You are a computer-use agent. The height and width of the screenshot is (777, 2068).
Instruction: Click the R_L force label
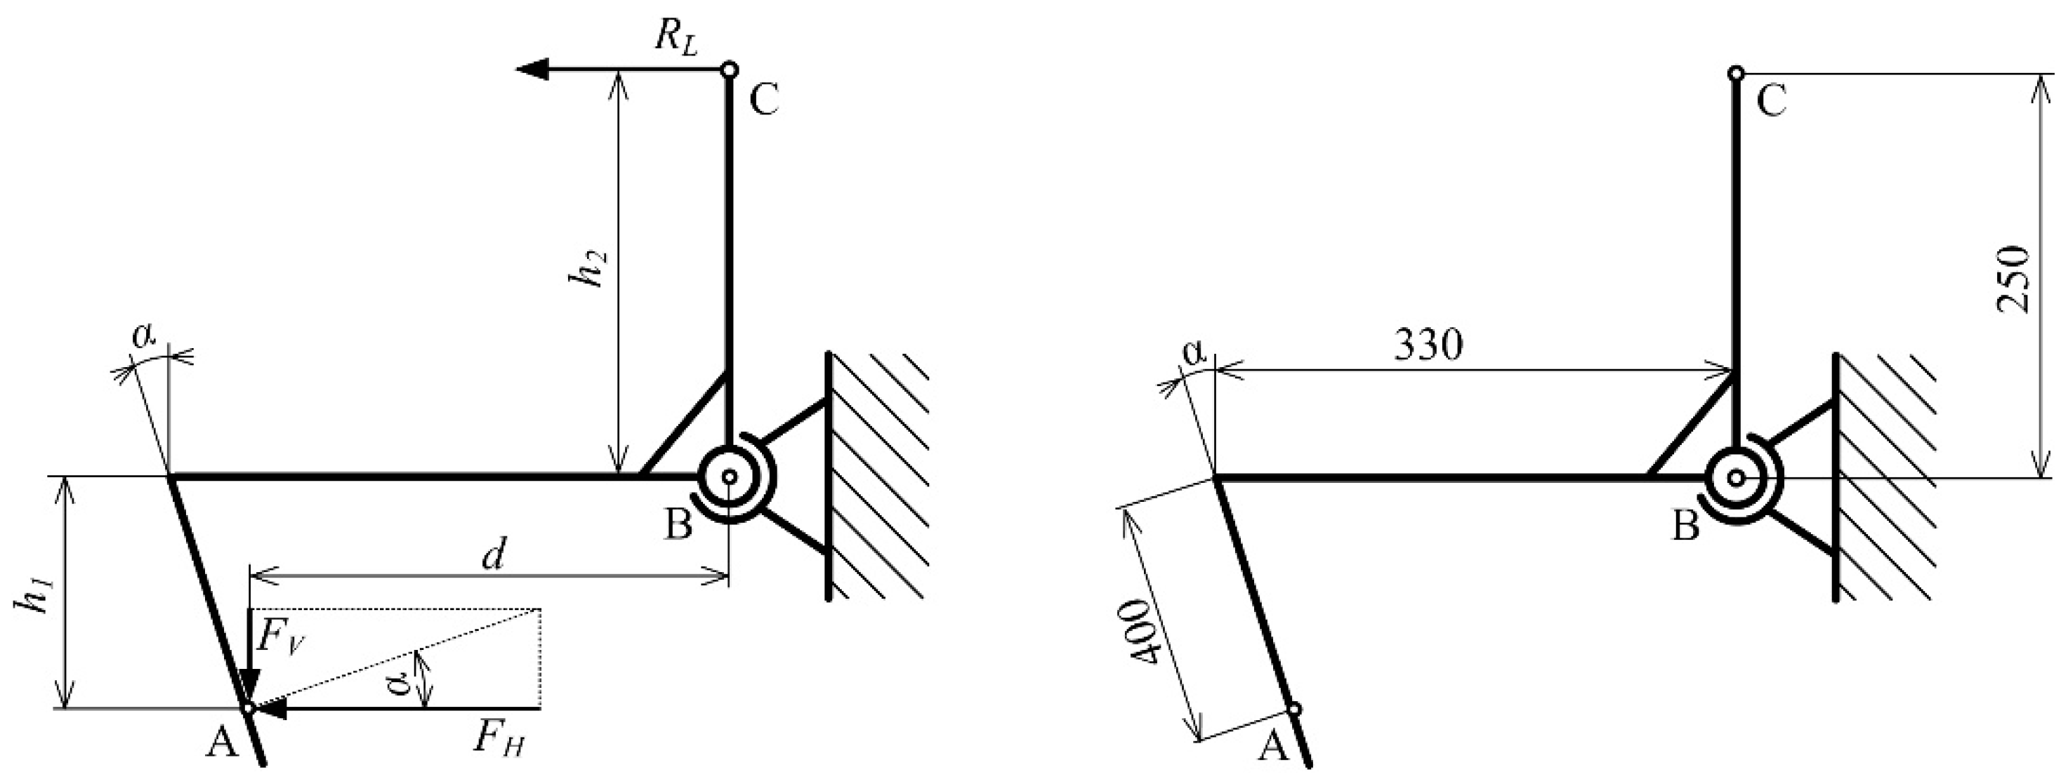675,36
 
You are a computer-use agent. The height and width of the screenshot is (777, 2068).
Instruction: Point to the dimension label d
494,554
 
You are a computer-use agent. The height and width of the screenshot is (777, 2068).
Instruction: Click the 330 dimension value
1428,345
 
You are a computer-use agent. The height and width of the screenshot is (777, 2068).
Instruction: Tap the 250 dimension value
2012,279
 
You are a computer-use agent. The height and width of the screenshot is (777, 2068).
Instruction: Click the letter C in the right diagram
1771,102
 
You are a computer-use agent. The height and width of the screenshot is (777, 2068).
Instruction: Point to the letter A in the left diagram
223,745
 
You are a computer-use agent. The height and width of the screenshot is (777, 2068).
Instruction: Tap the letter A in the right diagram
1272,748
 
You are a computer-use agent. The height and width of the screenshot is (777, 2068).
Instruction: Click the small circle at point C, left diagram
729,69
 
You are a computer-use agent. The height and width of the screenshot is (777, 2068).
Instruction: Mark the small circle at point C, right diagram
1736,74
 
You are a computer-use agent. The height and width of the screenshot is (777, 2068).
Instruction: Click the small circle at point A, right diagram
1293,709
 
